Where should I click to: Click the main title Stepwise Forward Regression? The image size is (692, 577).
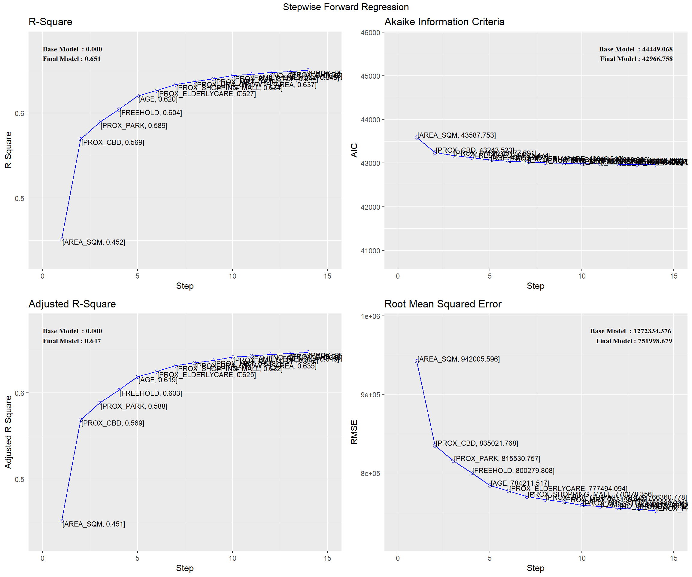click(346, 7)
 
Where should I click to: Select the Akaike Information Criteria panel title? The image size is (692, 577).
click(444, 22)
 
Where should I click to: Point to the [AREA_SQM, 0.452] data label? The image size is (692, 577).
click(94, 242)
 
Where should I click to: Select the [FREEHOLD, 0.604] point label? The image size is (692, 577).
click(150, 113)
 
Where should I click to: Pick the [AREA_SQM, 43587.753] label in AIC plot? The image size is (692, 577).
click(457, 135)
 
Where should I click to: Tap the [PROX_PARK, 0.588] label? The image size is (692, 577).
click(134, 406)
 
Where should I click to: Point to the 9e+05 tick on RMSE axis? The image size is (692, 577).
click(370, 395)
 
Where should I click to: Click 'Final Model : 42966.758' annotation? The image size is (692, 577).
click(636, 59)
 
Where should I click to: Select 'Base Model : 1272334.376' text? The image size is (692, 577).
click(630, 331)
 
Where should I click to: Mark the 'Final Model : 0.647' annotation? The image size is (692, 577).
click(72, 341)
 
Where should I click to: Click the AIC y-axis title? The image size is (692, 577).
click(354, 150)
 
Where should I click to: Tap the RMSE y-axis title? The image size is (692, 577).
click(354, 432)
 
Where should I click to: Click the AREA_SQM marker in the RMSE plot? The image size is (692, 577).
click(417, 361)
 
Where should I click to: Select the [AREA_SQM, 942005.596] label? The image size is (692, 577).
click(458, 359)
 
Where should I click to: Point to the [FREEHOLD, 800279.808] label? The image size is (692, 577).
click(513, 471)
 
